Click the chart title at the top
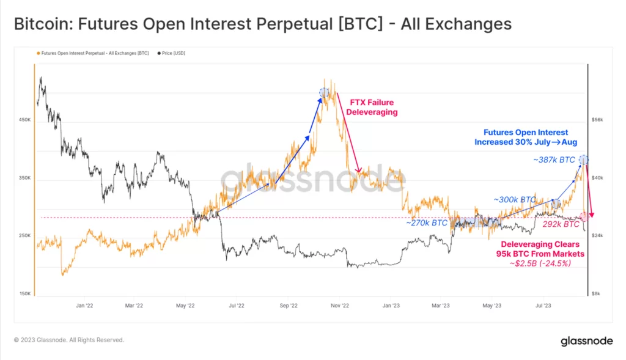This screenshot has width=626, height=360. tap(263, 24)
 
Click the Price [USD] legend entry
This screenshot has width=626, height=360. tap(172, 53)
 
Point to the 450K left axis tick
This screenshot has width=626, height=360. tap(25, 120)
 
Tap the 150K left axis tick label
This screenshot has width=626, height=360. tap(25, 293)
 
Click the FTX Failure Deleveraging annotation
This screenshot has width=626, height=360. tap(372, 107)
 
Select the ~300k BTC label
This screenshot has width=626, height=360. tap(515, 200)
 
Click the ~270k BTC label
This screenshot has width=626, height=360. tap(427, 223)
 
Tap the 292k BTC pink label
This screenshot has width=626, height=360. tap(561, 224)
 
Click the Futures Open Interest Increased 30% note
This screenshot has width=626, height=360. tap(526, 137)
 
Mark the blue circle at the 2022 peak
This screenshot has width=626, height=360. tap(324, 92)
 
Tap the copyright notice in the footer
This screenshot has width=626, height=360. tap(69, 340)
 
